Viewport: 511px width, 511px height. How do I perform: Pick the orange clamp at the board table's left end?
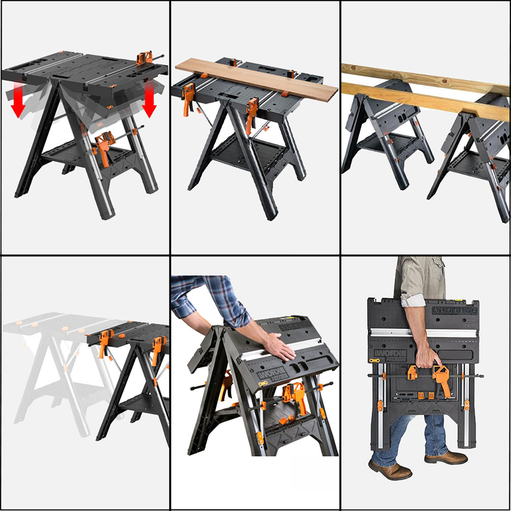tap(188, 98)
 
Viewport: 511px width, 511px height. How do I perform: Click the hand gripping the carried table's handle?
tap(427, 356)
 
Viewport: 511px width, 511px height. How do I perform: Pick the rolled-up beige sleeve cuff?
tap(413, 300)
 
